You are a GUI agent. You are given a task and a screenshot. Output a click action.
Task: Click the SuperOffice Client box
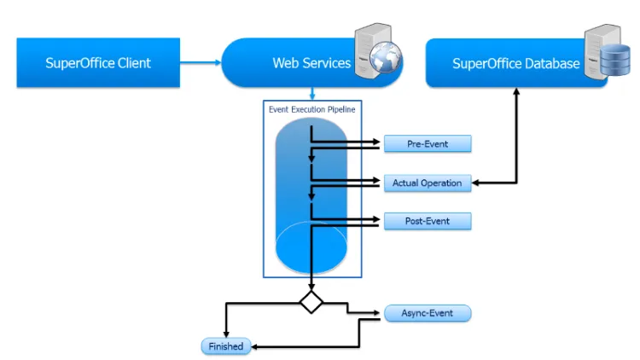[98, 62]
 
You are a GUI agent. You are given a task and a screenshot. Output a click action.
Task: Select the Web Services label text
[311, 63]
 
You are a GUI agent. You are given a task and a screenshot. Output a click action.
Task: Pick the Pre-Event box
[428, 144]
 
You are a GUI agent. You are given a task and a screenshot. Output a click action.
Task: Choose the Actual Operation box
[427, 183]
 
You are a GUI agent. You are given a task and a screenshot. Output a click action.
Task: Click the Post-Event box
[428, 221]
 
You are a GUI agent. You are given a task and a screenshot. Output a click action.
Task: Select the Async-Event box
[427, 313]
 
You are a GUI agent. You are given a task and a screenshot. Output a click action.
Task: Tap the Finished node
[226, 346]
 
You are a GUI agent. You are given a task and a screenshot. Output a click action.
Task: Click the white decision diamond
[311, 301]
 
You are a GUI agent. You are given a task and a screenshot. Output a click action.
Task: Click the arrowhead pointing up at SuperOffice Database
[516, 92]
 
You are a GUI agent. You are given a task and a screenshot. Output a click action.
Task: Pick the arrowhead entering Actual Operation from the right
[476, 183]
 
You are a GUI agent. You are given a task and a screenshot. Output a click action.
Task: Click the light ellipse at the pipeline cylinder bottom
[311, 244]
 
